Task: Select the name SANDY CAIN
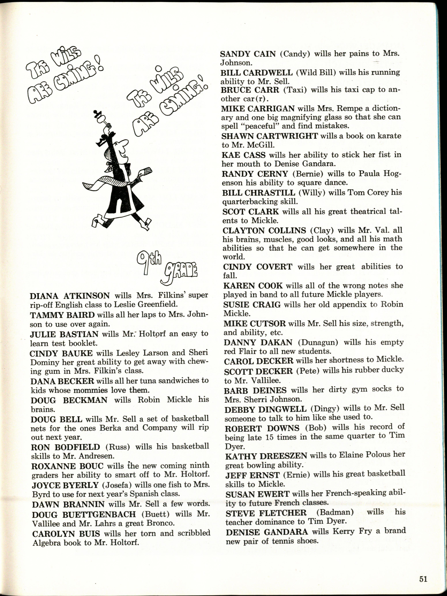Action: click(248, 54)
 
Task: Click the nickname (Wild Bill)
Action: click(315, 73)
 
